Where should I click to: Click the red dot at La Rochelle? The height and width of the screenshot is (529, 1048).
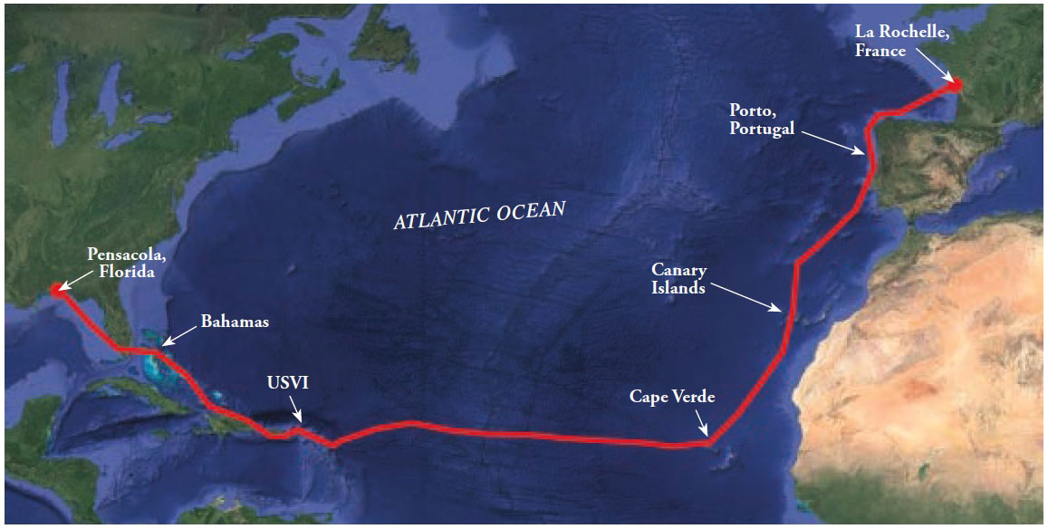(955, 85)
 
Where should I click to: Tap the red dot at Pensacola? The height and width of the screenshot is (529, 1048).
(57, 289)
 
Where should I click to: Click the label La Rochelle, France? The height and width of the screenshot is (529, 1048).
(901, 41)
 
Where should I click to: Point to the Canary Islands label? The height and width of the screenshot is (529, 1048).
(678, 278)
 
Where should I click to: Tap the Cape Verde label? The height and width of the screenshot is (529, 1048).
(672, 397)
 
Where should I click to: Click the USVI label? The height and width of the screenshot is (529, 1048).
(287, 383)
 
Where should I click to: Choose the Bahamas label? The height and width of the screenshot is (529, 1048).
(235, 321)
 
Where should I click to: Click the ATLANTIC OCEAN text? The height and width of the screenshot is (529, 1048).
(479, 216)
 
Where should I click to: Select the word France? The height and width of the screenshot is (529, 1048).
(880, 51)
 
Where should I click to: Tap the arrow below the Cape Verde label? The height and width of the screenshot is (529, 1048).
(702, 423)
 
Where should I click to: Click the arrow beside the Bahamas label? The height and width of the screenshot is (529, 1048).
(178, 335)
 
